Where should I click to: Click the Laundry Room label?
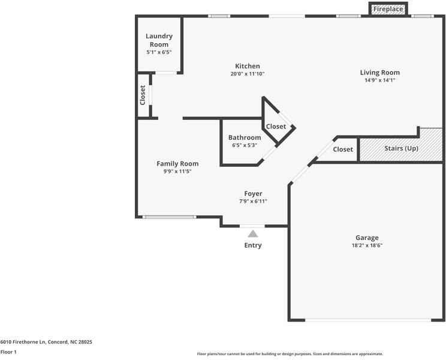click(x=159, y=40)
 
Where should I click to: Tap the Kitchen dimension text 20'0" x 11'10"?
click(x=247, y=74)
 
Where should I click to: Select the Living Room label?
click(x=379, y=73)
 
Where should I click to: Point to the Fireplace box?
click(x=388, y=10)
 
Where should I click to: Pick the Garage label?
click(x=366, y=238)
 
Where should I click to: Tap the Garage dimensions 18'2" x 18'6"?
click(x=366, y=245)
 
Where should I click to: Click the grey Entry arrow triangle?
click(x=253, y=233)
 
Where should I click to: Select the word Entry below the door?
click(x=253, y=245)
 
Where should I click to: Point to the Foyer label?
click(x=253, y=193)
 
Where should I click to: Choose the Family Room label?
click(x=177, y=163)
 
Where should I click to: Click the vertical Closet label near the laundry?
click(x=143, y=95)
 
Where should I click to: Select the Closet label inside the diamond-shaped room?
click(x=276, y=127)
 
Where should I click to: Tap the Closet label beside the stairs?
click(x=343, y=149)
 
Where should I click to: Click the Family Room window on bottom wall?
click(x=169, y=217)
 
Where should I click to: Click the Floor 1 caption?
click(x=8, y=352)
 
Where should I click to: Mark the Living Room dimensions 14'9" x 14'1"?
click(x=379, y=80)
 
